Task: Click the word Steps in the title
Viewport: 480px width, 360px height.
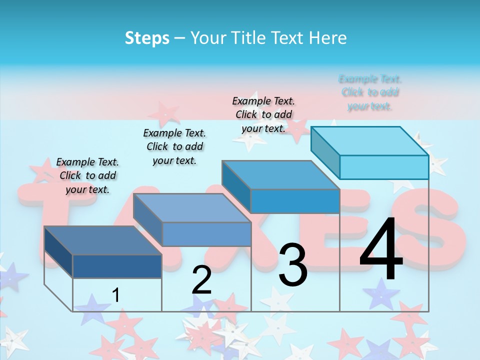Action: click(x=147, y=38)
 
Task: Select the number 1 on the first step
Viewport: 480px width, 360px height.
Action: click(x=115, y=295)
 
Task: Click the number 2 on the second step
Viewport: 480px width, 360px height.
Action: click(x=201, y=280)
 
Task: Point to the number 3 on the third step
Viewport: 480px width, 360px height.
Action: click(x=293, y=265)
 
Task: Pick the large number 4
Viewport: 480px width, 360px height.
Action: click(x=381, y=250)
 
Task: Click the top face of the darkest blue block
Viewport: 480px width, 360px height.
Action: click(x=102, y=240)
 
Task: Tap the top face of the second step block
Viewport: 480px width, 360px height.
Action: click(x=191, y=208)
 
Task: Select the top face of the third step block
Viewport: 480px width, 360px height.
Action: click(x=280, y=175)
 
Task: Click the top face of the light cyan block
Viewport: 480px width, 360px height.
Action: click(x=369, y=141)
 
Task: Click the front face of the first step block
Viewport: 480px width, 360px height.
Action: click(x=117, y=266)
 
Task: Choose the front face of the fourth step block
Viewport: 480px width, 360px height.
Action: click(x=384, y=167)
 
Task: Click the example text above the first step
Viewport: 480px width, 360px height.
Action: click(x=87, y=175)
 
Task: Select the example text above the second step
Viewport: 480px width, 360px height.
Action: click(x=174, y=146)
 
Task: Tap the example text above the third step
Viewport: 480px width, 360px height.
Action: click(x=263, y=114)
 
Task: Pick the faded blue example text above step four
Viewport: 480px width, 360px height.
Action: click(x=370, y=92)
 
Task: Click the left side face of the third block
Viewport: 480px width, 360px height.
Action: click(x=236, y=186)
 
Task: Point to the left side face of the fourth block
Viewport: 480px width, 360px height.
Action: click(x=325, y=151)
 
